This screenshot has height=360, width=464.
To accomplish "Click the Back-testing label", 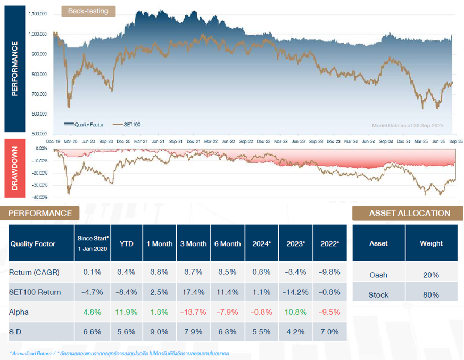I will click(88, 11).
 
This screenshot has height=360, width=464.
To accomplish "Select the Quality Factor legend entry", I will click(88, 124).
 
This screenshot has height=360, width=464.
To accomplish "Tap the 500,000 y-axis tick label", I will click(38, 134).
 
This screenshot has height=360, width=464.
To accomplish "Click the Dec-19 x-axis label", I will click(54, 142).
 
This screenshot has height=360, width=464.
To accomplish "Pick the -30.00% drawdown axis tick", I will click(40, 186).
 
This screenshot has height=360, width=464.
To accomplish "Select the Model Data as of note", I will click(407, 126).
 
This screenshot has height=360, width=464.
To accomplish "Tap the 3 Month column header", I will click(194, 243).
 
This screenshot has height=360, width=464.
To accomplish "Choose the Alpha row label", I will click(19, 312).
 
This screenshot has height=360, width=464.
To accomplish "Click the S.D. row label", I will click(18, 332).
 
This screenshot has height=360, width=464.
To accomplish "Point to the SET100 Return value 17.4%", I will click(194, 292).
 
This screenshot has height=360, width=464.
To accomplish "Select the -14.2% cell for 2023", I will click(296, 292).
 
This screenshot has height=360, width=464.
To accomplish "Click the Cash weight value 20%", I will click(431, 275).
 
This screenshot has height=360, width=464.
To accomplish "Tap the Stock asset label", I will click(378, 294).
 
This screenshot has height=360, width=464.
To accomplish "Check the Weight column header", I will click(431, 243).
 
